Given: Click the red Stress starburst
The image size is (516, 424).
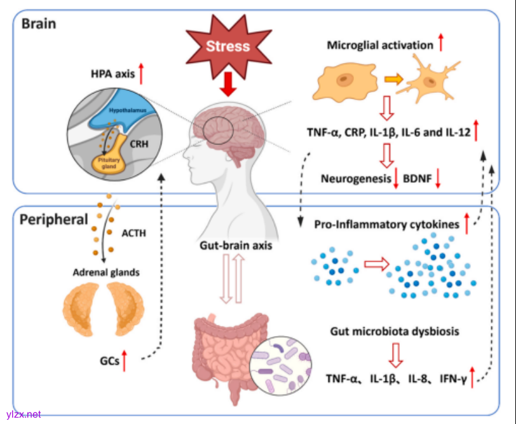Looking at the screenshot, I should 227,46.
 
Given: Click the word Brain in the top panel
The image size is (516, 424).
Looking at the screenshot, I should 39,24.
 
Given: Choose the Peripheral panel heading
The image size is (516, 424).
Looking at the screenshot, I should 54,220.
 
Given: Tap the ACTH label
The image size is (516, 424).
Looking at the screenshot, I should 133,233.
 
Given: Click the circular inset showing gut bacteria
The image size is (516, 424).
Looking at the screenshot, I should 282,360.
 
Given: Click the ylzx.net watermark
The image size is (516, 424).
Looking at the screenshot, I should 23,414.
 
